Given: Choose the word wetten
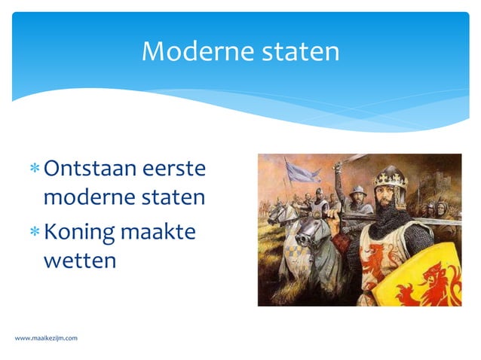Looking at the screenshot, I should [80, 261].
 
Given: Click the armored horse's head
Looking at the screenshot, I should [307, 233].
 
